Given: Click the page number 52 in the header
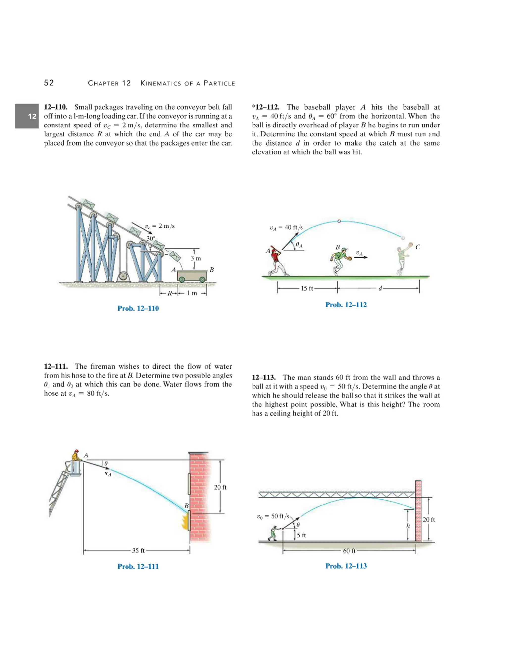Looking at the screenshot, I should (x=49, y=83).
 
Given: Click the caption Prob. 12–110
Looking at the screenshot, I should (x=138, y=308).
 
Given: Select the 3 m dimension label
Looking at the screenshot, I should (x=196, y=258).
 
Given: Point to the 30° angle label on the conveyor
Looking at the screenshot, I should (x=151, y=238).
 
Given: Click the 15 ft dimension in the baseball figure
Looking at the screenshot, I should (x=307, y=288).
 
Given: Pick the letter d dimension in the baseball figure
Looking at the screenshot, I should (x=380, y=289).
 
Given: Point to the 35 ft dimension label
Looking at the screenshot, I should (x=138, y=550).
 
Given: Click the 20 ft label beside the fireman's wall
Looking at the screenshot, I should (x=220, y=487).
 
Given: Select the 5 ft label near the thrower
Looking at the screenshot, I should (x=301, y=535).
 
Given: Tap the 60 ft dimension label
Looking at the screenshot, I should (x=349, y=551).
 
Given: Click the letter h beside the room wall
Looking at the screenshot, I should (x=408, y=526).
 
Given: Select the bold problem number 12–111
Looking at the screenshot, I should (x=56, y=366).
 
